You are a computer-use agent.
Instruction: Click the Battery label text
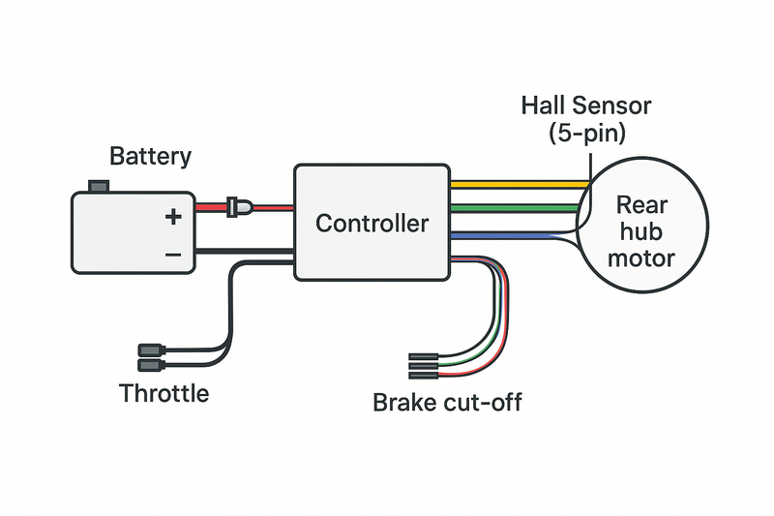point(150,156)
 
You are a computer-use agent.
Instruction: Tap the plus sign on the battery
point(172,217)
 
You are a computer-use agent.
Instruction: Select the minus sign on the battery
point(172,254)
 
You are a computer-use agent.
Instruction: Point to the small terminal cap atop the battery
point(97,185)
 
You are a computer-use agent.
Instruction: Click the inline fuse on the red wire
point(237,206)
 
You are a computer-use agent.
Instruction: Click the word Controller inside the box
point(372,224)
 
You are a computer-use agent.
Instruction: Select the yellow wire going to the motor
point(518,182)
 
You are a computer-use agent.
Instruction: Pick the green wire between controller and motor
point(518,206)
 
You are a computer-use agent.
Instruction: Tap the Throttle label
point(164,394)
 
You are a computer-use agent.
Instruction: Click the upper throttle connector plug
point(151,349)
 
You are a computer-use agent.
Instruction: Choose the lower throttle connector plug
point(151,365)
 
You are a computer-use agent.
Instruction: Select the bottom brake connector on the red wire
point(424,375)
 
